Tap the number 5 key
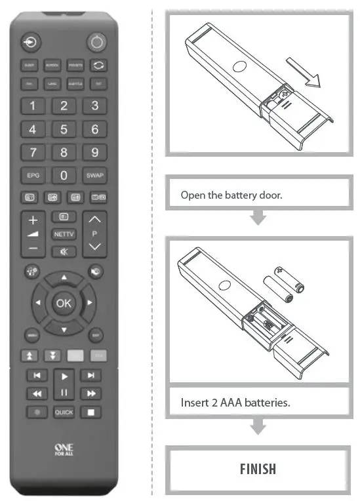(x=64, y=129)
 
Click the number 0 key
(x=64, y=176)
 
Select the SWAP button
(x=94, y=176)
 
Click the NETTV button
(x=64, y=233)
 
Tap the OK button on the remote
(x=64, y=303)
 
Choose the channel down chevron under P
(x=94, y=247)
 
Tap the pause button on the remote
(x=64, y=393)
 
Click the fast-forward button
(x=91, y=393)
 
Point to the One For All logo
(x=64, y=449)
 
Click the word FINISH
(x=257, y=469)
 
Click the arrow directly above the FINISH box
(x=258, y=428)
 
